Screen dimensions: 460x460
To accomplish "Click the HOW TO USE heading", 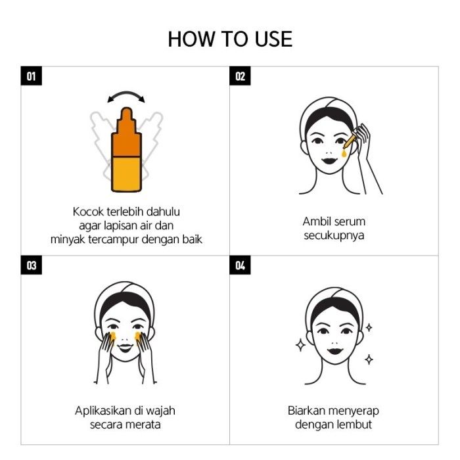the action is pos(230,39).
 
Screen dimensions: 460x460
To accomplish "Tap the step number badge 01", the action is pos(32,76).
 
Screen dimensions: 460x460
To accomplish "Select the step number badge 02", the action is pos(240,76).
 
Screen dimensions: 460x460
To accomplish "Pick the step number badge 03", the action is pos(32,265).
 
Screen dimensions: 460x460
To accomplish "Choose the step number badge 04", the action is pos(240,265).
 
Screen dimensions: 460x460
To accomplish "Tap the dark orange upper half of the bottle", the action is pos(126,135).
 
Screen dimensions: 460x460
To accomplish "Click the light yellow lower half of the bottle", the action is pos(126,174).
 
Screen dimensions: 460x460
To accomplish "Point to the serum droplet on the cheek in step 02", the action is pos(344,153).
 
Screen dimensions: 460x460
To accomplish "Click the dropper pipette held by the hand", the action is pos(350,141).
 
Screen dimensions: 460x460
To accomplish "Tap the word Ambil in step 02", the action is pos(314,221).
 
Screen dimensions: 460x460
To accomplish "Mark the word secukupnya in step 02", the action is pos(334,235).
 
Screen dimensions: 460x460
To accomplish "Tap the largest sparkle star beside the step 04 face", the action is pos(300,345).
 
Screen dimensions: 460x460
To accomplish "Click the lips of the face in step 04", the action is pos(335,350).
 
